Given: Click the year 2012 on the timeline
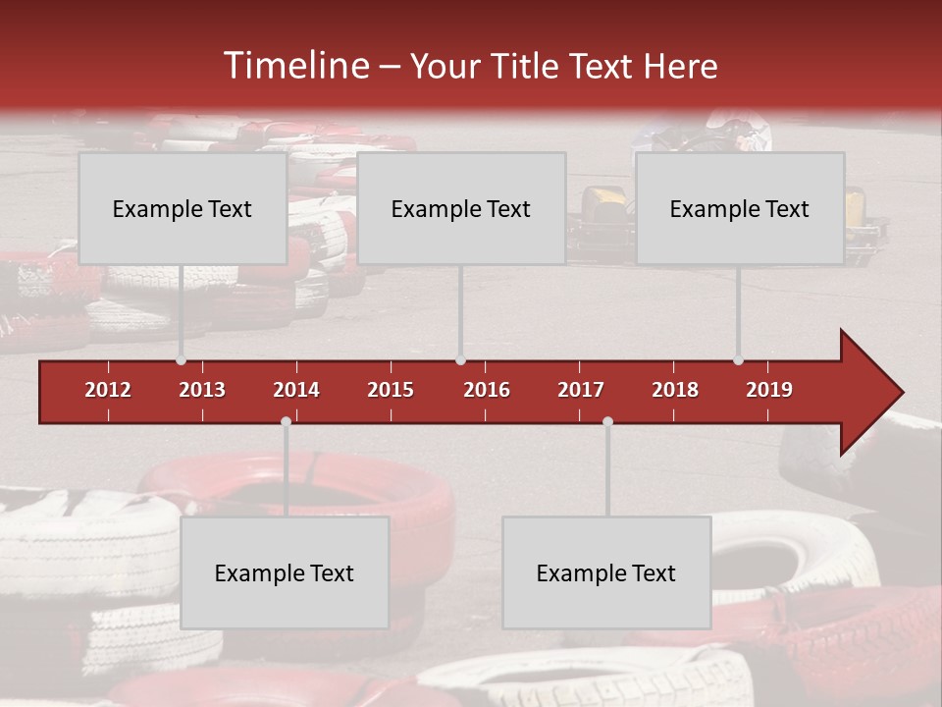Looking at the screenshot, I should click(108, 390).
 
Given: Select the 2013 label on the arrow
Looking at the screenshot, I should click(202, 390).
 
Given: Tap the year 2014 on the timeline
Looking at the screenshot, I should click(296, 390).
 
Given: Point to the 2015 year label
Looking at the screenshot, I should click(391, 390).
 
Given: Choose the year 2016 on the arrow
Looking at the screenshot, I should click(487, 390).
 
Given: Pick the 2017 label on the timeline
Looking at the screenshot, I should click(581, 390).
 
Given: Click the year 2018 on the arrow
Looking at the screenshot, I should click(675, 390).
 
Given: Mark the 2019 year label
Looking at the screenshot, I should click(769, 390).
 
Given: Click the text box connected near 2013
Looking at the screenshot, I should click(182, 208).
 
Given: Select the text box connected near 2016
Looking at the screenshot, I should click(460, 208).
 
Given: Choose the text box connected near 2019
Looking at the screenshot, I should click(739, 208).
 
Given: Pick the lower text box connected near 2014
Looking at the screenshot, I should click(285, 572).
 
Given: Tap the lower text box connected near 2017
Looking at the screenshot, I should click(606, 572).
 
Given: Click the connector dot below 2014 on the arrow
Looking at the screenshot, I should click(286, 422).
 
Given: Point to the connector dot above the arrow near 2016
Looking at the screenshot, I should click(460, 359).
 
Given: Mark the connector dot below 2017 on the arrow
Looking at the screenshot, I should click(607, 422).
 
